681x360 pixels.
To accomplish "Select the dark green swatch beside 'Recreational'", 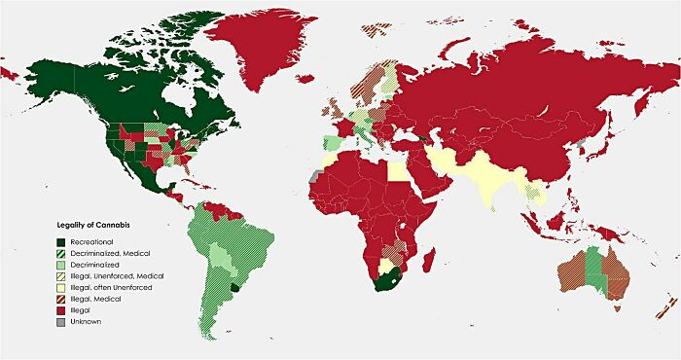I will [60, 240].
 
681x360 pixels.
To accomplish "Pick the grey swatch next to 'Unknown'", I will [60, 321].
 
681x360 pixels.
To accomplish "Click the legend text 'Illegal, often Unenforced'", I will [108, 287].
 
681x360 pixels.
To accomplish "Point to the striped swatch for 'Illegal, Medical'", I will [60, 299].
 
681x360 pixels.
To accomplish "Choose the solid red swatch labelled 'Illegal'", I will [60, 310].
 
